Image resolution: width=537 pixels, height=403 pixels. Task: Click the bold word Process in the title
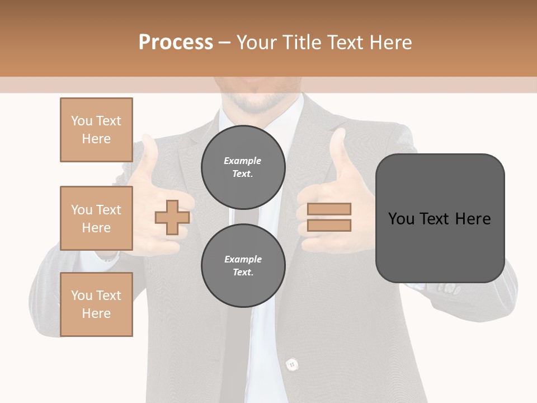tap(176, 43)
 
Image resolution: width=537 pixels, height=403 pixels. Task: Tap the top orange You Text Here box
tap(96, 130)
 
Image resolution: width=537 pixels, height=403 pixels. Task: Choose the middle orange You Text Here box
tap(96, 218)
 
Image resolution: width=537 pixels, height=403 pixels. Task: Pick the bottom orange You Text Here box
tap(96, 304)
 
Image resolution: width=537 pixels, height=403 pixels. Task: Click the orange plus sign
tap(172, 217)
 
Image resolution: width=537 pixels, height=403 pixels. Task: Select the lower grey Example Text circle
tap(243, 265)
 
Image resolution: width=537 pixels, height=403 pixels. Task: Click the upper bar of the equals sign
tap(329, 209)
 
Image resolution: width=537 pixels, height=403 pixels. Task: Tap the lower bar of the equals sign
tap(329, 225)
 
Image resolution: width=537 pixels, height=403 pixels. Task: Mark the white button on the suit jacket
tap(291, 365)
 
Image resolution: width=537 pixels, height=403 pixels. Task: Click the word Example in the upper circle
tap(243, 161)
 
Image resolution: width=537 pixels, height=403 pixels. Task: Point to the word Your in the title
tap(257, 43)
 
